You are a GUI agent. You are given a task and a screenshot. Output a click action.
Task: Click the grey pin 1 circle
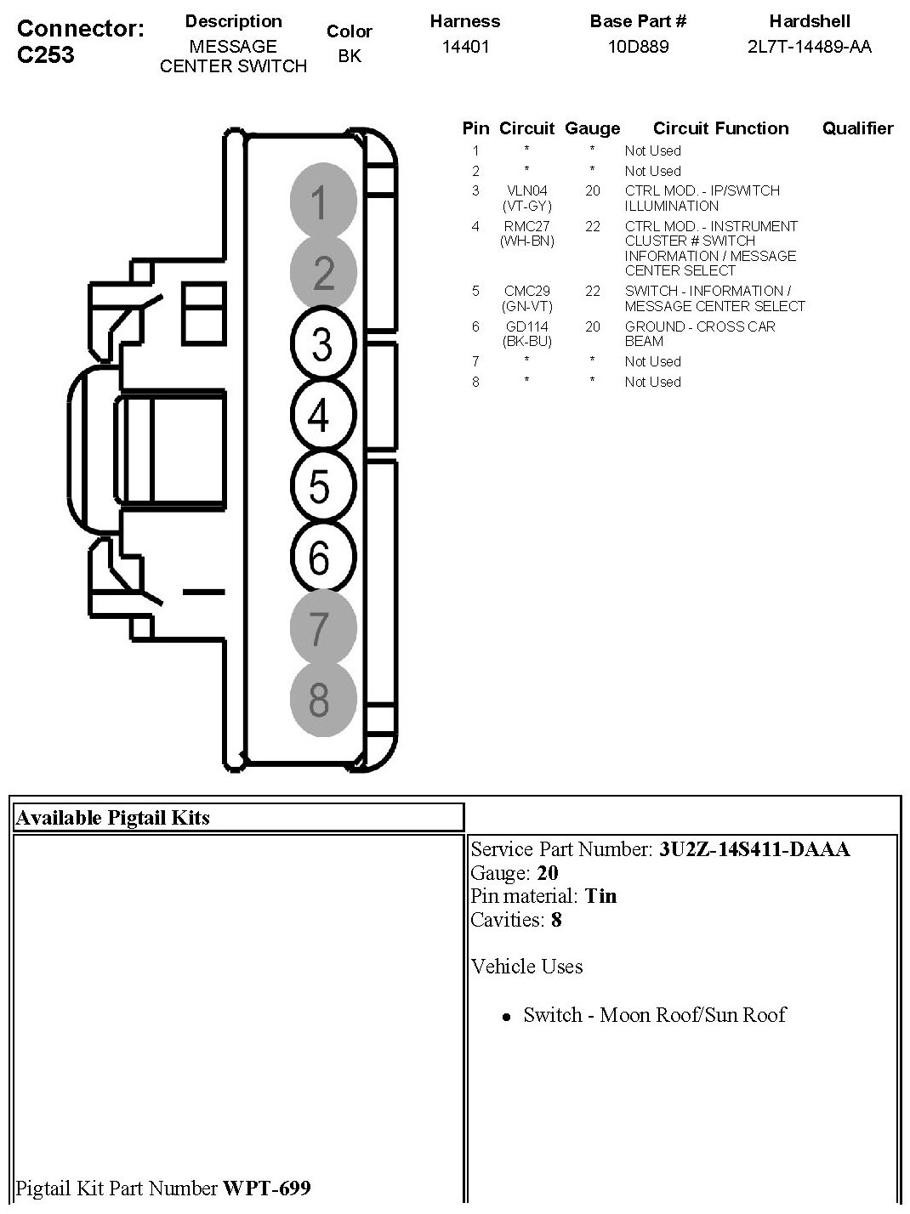pyautogui.click(x=321, y=202)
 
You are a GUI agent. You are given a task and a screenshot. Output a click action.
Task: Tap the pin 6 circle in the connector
pyautogui.click(x=321, y=559)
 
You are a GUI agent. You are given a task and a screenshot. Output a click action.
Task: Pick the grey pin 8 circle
pyautogui.click(x=321, y=700)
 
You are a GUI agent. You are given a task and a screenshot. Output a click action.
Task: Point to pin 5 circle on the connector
pyautogui.click(x=321, y=487)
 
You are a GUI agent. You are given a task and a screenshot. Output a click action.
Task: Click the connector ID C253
pyautogui.click(x=46, y=55)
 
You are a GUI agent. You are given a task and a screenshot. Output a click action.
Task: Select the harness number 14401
pyautogui.click(x=465, y=47)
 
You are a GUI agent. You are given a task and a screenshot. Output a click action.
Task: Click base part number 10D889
pyautogui.click(x=638, y=47)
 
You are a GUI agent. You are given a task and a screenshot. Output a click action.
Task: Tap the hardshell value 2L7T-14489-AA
pyautogui.click(x=809, y=47)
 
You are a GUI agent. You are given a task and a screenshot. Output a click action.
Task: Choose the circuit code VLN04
pyautogui.click(x=526, y=191)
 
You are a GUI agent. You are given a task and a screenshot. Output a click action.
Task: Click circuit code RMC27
pyautogui.click(x=526, y=227)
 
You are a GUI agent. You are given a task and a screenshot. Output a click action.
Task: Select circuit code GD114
pyautogui.click(x=526, y=327)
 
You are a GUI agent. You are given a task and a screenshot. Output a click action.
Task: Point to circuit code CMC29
pyautogui.click(x=526, y=292)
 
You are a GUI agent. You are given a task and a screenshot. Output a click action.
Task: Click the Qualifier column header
pyautogui.click(x=857, y=128)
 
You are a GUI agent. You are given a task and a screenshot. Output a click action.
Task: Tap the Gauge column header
pyautogui.click(x=592, y=128)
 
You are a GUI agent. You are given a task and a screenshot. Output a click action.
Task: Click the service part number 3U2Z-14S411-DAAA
pyautogui.click(x=754, y=849)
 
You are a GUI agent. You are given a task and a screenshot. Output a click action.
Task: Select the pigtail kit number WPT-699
pyautogui.click(x=266, y=1188)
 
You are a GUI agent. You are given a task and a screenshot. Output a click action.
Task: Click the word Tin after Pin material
pyautogui.click(x=600, y=896)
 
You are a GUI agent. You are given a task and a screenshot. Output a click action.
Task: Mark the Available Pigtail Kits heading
pyautogui.click(x=113, y=818)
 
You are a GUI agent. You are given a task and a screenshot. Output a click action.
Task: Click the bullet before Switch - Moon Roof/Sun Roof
pyautogui.click(x=507, y=1017)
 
